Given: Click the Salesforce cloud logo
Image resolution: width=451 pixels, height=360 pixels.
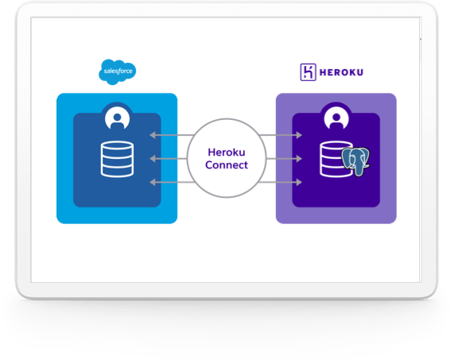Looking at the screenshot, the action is point(118,72).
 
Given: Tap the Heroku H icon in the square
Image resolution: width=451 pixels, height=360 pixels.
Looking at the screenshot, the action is point(308,72).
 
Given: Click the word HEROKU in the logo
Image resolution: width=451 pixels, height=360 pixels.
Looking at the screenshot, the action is point(341,72).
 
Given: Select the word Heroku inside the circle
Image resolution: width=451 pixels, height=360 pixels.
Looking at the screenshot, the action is point(227,153).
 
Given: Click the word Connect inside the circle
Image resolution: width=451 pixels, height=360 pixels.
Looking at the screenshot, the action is point(227,165).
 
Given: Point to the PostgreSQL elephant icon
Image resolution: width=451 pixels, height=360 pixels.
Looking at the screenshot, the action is point(356,161).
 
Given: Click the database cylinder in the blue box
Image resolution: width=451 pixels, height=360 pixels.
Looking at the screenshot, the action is point(117,159).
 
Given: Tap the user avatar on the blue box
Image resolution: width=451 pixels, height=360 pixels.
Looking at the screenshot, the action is point(118,118).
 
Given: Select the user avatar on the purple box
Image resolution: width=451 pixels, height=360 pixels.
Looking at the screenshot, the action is point(336,118).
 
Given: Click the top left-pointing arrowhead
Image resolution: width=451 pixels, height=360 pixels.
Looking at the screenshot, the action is point(153,135).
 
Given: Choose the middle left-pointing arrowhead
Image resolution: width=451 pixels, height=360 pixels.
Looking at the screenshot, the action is point(153,158).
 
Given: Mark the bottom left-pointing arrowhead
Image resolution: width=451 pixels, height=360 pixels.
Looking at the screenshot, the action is point(153,182).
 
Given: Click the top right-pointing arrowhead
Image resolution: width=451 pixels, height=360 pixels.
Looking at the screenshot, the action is point(299,135).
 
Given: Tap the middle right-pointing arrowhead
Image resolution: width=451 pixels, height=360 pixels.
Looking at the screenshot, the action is point(299,158).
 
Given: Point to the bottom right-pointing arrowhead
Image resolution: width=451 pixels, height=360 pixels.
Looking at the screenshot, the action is point(299,182).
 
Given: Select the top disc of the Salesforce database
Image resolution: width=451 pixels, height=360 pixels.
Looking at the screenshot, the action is point(117,145).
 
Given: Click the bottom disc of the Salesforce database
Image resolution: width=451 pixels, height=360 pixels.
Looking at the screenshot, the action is point(117,172).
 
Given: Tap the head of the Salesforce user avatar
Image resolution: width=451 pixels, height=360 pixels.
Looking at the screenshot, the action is point(118,117).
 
